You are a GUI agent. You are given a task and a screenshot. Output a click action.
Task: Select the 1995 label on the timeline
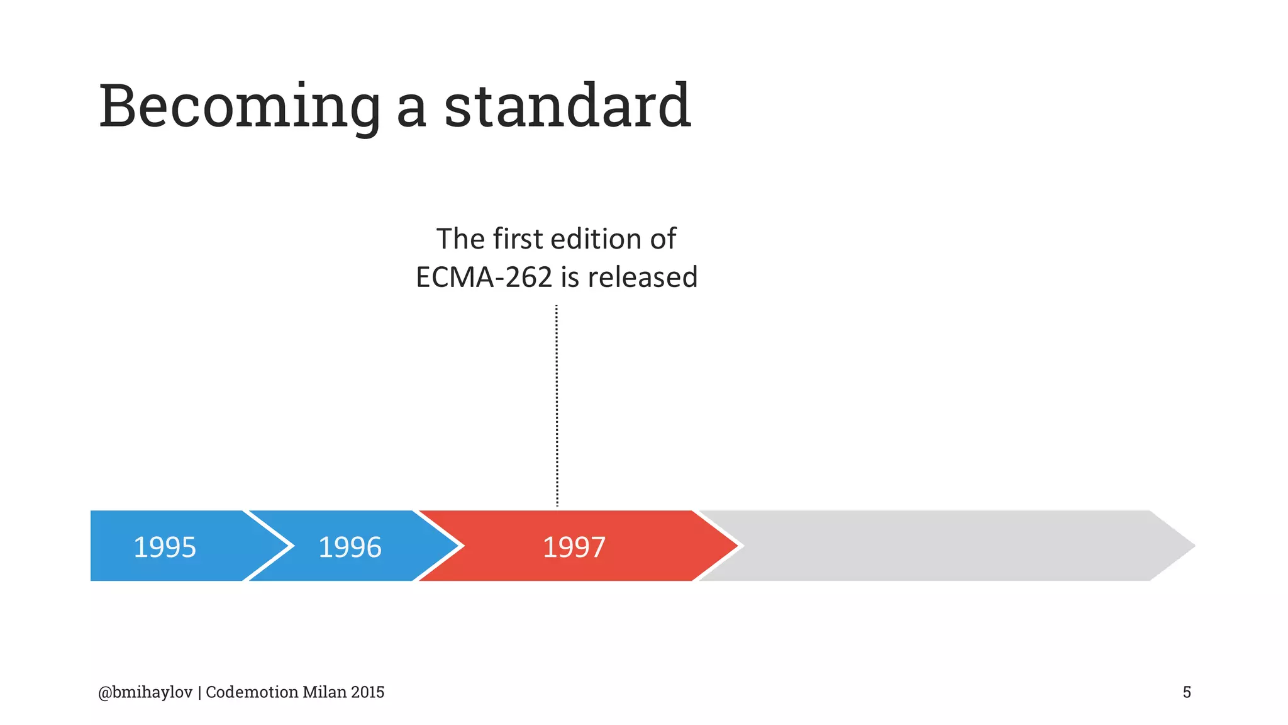(165, 547)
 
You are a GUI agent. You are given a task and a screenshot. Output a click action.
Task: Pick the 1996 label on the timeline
(350, 547)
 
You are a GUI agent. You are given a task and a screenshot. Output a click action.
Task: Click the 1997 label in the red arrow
(574, 547)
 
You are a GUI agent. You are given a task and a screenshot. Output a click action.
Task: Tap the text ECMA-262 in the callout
(484, 277)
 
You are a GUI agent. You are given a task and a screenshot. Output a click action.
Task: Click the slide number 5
(1187, 692)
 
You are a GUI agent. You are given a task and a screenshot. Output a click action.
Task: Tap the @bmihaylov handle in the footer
(145, 692)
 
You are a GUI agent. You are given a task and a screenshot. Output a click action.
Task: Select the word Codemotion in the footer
(252, 692)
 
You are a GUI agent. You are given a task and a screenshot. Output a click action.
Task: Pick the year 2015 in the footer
(368, 692)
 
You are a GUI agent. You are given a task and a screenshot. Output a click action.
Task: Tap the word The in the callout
(460, 239)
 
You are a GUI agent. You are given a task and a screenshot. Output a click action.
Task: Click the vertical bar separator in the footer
(199, 692)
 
